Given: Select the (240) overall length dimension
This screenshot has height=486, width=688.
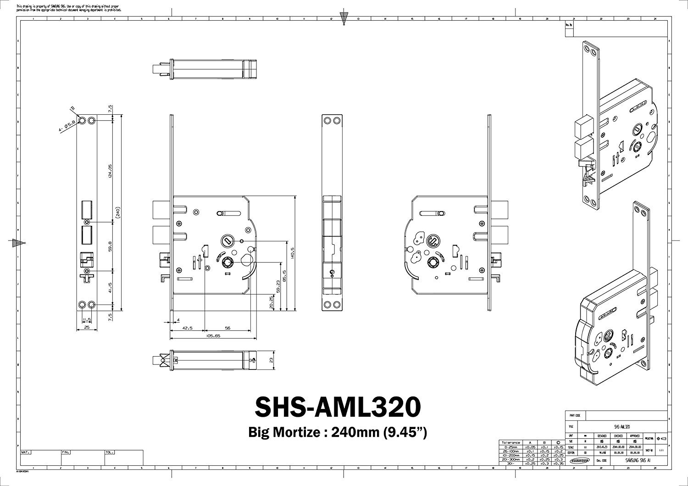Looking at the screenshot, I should pyautogui.click(x=118, y=213).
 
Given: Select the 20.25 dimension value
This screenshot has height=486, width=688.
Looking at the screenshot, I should pyautogui.click(x=271, y=302).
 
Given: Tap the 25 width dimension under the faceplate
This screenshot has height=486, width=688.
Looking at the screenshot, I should pyautogui.click(x=86, y=328).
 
